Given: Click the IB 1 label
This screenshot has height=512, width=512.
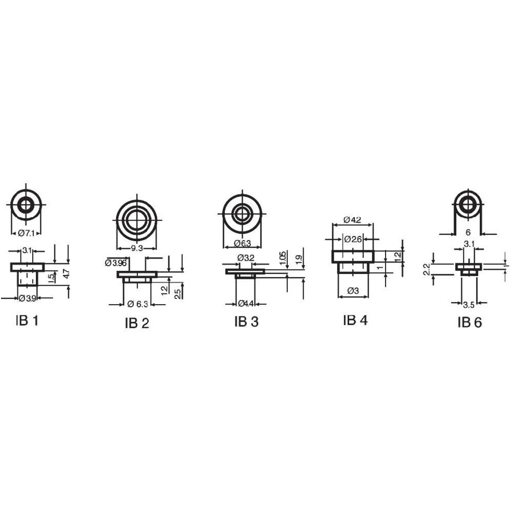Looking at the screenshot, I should [x=27, y=321].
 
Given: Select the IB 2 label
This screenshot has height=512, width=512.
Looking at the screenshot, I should [x=137, y=324].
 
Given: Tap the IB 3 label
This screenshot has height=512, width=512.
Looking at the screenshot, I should [x=246, y=321].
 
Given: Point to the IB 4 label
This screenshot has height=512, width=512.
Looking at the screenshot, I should [x=355, y=320].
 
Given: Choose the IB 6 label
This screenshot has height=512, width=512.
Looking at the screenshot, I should [x=470, y=322].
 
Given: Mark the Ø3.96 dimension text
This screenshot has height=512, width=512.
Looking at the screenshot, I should [x=116, y=263].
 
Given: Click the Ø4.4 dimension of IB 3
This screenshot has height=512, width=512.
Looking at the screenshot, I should [x=246, y=304].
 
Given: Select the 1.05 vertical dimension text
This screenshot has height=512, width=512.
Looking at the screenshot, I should [x=284, y=258].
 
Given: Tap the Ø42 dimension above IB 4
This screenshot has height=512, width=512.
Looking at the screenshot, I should [x=352, y=220].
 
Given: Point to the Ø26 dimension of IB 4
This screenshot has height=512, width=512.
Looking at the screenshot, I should [x=353, y=239].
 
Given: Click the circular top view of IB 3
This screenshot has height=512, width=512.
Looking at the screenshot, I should [x=242, y=214].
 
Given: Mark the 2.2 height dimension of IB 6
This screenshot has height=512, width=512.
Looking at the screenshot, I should [x=426, y=270].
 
